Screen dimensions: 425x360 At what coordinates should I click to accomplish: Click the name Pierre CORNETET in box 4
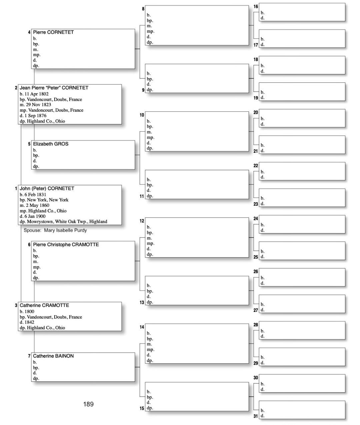53,32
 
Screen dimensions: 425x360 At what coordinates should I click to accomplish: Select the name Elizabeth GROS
51,144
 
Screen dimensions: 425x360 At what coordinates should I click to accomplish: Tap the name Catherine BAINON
53,356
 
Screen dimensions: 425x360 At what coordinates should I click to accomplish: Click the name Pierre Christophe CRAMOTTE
66,245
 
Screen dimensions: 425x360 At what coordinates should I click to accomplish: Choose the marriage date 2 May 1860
37,205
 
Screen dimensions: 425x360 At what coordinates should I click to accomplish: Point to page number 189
88,404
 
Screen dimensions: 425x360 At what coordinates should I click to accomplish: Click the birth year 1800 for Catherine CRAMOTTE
29,312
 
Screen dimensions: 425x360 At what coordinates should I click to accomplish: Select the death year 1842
29,322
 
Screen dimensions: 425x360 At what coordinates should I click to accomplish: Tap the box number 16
256,7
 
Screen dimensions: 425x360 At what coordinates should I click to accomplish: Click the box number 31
256,416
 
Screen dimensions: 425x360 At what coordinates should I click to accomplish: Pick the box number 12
142,221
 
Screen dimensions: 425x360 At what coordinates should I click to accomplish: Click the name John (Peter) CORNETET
47,188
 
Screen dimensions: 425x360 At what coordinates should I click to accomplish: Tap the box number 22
256,166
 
